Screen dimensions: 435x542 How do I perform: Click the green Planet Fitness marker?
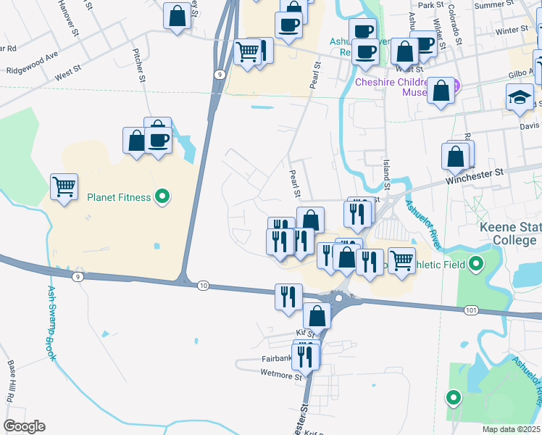coord(163,196)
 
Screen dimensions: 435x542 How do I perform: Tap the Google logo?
coord(24,426)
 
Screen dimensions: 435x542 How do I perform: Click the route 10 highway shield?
coord(203,286)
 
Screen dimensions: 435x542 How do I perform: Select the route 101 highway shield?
coord(471,310)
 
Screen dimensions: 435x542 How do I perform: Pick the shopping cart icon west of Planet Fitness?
coord(64,186)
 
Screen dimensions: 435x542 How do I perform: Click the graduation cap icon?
coord(520,98)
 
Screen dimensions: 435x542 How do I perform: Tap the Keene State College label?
coord(510,233)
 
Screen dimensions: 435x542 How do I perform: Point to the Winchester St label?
coord(475,175)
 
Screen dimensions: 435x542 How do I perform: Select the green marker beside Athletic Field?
coord(476,264)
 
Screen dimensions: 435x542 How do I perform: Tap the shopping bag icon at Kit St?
coord(317,315)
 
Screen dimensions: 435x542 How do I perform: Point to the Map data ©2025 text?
coord(512,429)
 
